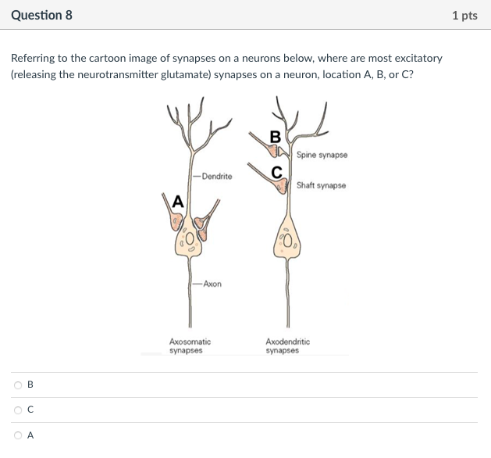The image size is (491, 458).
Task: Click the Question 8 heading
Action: point(41,15)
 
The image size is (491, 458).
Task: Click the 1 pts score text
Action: point(464,16)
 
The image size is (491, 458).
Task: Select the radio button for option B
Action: point(17,385)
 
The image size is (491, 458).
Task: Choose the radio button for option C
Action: point(17,410)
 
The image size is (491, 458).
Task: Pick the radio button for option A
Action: point(17,436)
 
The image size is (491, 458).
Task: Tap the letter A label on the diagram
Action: point(177,201)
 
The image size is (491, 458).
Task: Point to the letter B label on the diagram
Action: point(275,138)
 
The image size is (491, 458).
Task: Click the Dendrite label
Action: point(216,177)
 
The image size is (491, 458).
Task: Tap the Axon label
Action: point(212,284)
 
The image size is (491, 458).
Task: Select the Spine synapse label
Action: point(322,155)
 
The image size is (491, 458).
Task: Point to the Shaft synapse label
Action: point(321,185)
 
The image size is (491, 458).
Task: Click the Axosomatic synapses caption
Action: point(190,346)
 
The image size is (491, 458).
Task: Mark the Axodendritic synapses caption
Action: point(287,346)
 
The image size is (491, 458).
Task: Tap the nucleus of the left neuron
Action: point(190,238)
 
